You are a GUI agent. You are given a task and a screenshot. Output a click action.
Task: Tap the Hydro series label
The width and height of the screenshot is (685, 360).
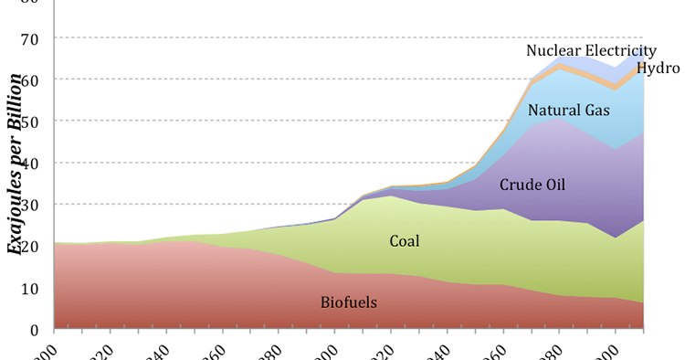click(x=659, y=69)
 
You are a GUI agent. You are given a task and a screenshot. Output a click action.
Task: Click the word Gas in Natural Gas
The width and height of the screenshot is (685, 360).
click(x=596, y=111)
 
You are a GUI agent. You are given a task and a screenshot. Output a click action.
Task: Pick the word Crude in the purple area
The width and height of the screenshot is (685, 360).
click(x=521, y=185)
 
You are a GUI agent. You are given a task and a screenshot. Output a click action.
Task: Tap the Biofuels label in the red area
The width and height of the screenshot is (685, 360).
click(x=349, y=303)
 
